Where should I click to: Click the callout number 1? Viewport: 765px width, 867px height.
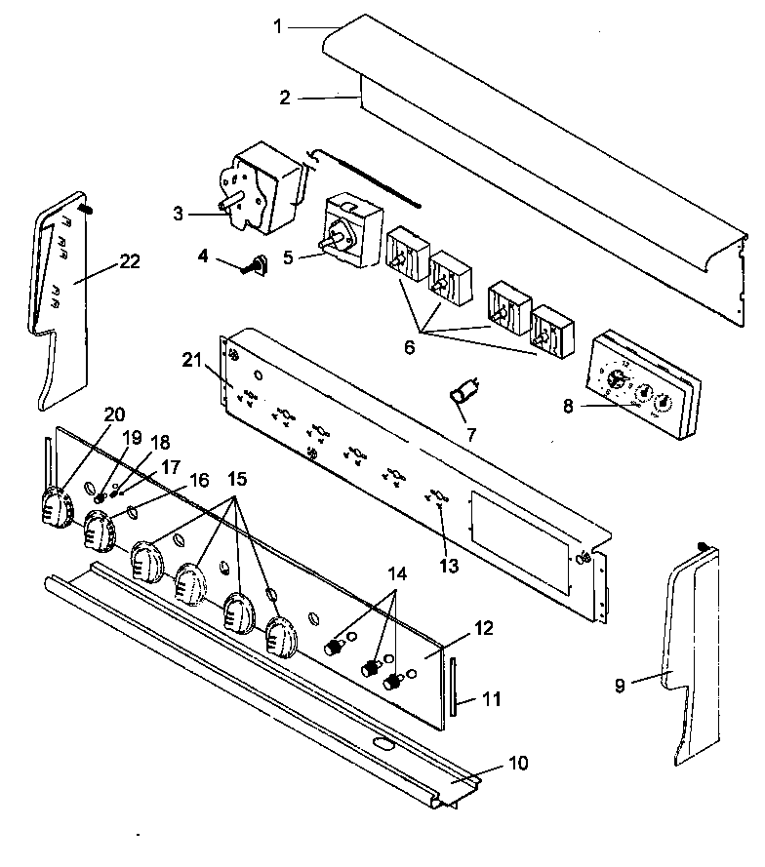tap(277, 27)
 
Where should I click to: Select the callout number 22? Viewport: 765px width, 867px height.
tap(129, 260)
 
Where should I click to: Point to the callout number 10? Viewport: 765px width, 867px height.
tap(518, 763)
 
